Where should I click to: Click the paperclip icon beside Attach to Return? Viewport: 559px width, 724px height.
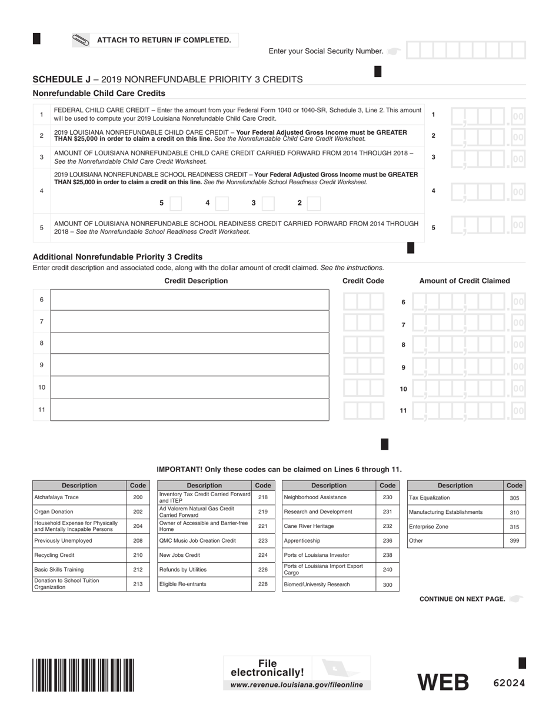[81, 40]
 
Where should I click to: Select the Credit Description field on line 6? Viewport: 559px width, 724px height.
[189, 300]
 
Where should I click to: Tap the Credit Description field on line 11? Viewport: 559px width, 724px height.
[189, 410]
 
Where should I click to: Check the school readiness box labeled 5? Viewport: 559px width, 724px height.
[175, 203]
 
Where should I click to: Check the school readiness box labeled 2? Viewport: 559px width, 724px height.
[314, 203]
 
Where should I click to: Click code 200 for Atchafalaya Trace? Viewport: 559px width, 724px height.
[138, 497]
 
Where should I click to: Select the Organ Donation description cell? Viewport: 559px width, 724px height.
[79, 512]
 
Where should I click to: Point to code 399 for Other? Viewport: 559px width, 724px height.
[514, 540]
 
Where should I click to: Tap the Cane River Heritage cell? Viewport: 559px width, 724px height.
[328, 526]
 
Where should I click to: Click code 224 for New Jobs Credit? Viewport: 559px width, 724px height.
[262, 555]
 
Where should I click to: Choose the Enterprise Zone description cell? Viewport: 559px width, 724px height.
[455, 527]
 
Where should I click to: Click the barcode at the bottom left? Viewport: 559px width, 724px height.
[83, 675]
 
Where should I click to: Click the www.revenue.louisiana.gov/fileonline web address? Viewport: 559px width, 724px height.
[297, 685]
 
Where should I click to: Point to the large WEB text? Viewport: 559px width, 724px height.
[443, 682]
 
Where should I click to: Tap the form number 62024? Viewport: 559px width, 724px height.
[508, 683]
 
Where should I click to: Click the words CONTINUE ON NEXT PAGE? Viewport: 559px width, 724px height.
[462, 599]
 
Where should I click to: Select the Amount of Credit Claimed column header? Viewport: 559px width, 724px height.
[464, 281]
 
